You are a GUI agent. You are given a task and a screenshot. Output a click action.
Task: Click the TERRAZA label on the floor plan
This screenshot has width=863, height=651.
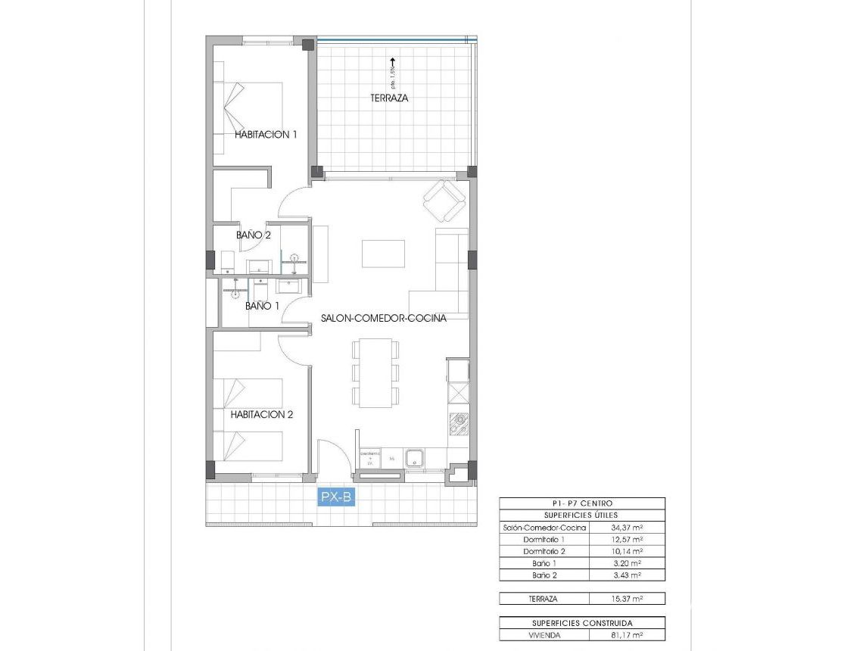pos(389,98)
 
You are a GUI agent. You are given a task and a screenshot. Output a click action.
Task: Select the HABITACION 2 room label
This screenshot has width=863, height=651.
pos(262,415)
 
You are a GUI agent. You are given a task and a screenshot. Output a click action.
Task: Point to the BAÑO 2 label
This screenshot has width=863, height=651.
pos(254,235)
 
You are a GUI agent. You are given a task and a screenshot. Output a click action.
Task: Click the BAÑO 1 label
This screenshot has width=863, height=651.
pos(262,307)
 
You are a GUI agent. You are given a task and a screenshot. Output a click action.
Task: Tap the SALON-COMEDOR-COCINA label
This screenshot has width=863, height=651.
pos(383,319)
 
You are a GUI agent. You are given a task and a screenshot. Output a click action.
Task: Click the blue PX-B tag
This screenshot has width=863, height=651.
pos(336,497)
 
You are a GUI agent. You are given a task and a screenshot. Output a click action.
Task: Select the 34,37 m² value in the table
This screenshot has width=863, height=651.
pos(627,528)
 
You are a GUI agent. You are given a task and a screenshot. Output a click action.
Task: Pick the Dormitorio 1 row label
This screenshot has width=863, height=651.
pos(544,540)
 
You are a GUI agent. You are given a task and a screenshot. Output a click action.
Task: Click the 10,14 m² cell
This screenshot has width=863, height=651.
pos(627,552)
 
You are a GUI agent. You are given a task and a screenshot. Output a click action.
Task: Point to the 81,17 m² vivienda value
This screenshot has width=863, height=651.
pos(627,636)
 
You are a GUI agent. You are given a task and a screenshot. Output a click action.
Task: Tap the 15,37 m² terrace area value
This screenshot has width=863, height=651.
pos(627,599)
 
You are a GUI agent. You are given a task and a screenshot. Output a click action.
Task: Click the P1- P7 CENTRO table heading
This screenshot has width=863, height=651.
pos(582,503)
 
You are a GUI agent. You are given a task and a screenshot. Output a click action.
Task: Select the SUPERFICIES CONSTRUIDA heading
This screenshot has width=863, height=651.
pos(582,623)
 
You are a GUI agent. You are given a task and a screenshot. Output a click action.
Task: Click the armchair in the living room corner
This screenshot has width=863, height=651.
pos(444,201)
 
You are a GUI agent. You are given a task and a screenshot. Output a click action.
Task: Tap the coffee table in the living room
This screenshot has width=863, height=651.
pos(383,254)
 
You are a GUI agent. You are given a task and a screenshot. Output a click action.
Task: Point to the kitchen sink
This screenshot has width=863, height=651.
pos(414,458)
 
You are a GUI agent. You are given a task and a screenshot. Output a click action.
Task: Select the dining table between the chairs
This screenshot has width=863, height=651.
pos(375,373)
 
